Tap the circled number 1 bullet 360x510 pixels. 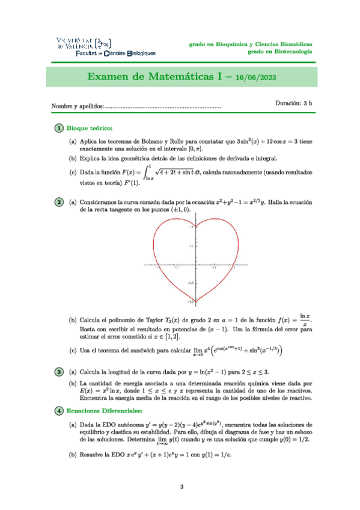coord(58,127)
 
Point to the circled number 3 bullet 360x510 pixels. coord(58,371)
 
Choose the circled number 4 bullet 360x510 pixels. coord(58,411)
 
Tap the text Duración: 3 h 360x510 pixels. coord(294,103)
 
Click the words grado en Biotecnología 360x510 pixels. coord(279,52)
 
